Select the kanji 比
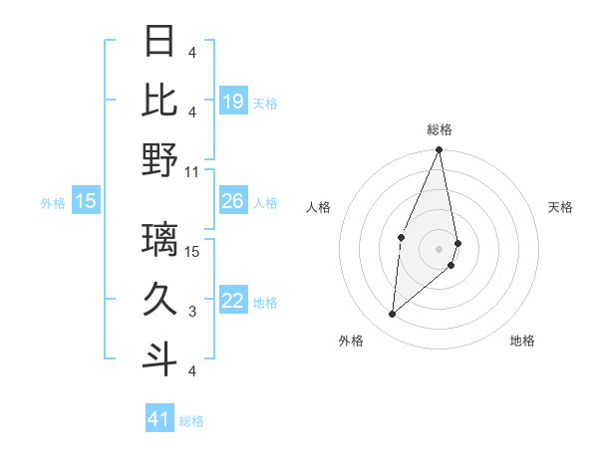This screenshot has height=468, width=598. [160, 99]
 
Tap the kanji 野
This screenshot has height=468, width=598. [160, 159]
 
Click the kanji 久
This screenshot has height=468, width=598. [160, 300]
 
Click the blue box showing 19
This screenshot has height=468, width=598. [233, 102]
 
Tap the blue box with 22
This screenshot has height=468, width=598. [233, 302]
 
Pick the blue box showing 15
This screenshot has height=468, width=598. [86, 202]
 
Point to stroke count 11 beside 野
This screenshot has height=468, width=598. [192, 171]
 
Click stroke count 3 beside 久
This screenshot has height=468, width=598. [192, 312]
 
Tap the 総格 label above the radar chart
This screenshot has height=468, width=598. [440, 129]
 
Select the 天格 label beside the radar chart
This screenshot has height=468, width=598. [560, 207]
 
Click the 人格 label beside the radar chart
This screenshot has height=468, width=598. [318, 207]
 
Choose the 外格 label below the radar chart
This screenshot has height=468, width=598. [351, 341]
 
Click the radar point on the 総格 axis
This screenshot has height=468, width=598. [440, 150]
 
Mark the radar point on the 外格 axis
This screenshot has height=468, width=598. [393, 315]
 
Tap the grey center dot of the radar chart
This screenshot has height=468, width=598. [440, 249]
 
